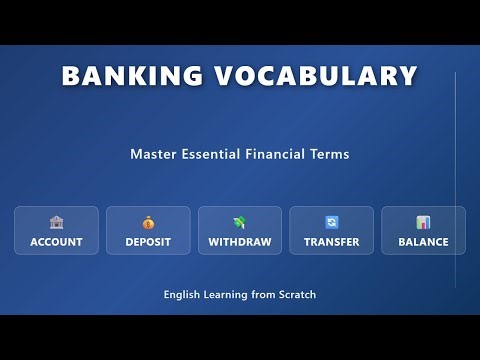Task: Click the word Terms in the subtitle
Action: (331, 155)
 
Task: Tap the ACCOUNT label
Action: (56, 242)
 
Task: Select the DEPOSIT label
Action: (148, 242)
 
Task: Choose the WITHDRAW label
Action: (240, 242)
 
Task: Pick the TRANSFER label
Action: (332, 242)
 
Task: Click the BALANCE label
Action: (423, 242)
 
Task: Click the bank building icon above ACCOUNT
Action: (56, 222)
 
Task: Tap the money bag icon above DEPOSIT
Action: (148, 222)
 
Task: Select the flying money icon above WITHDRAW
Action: (240, 222)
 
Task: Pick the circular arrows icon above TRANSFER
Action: (332, 222)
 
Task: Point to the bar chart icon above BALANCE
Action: (423, 222)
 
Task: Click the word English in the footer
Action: (185, 295)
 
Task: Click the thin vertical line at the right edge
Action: (455, 180)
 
